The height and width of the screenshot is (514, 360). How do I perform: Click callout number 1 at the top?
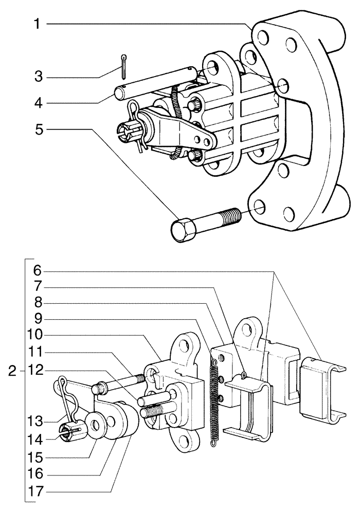[x=37, y=24]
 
